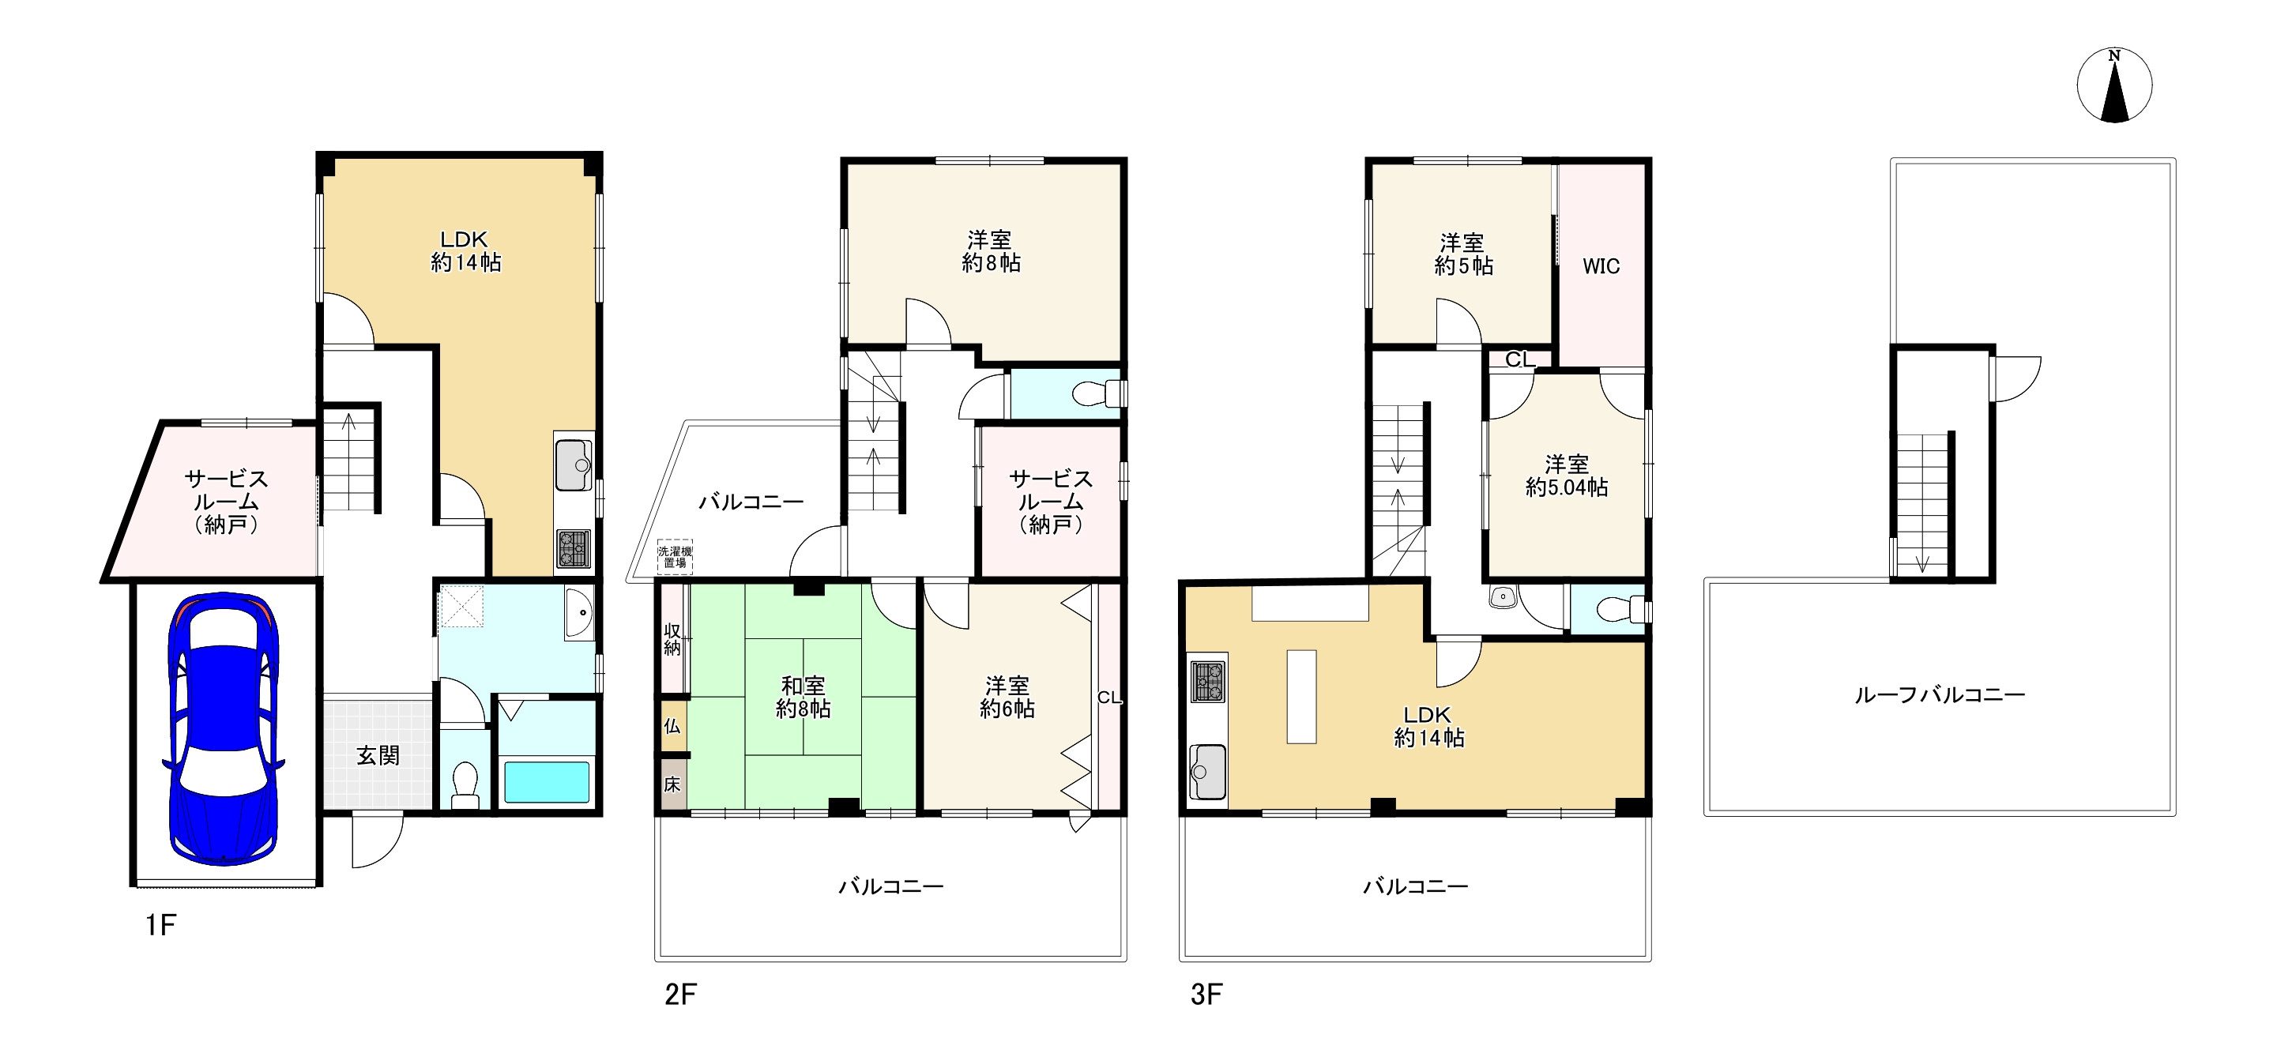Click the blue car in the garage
point(223,729)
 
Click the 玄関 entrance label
point(378,756)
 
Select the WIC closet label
point(1601,266)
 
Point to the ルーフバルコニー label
point(1940,695)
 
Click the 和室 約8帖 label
point(803,697)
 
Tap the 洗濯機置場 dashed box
point(675,557)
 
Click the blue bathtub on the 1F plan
point(546,781)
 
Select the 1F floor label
point(161,925)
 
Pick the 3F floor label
point(1206,995)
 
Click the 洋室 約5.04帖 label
point(1566,476)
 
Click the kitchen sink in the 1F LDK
point(574,464)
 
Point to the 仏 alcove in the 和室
point(672,726)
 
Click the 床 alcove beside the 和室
point(672,784)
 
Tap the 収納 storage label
point(672,639)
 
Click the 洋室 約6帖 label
point(1007,697)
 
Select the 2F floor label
point(680,995)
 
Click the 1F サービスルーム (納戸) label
point(225,502)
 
